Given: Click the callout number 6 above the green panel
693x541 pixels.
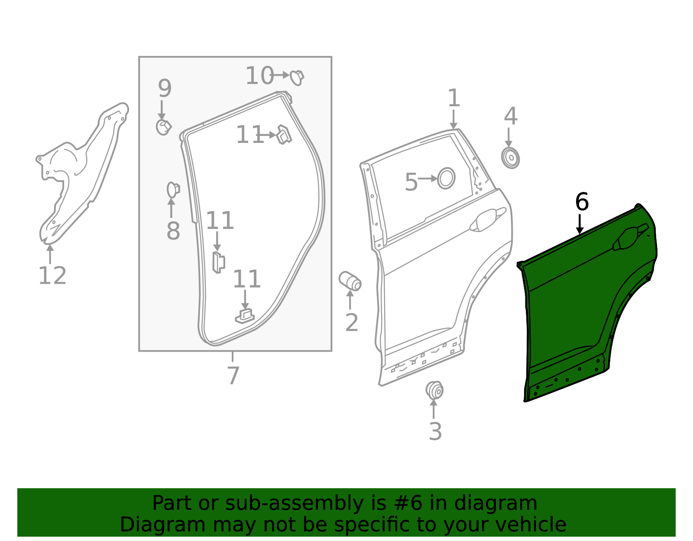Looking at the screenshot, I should click(x=582, y=202).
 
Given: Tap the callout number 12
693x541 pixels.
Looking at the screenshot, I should click(x=52, y=276).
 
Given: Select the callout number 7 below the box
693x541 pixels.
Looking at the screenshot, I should click(x=233, y=376).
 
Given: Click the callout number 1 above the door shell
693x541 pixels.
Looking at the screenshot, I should click(x=453, y=98).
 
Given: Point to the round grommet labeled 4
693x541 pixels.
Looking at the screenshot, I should click(x=511, y=158).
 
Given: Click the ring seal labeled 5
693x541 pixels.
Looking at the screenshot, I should click(x=446, y=178).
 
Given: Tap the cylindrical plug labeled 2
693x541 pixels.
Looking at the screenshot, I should click(x=350, y=281).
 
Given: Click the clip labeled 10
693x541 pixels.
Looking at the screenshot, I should click(x=297, y=77).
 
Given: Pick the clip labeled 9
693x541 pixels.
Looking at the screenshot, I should click(x=163, y=127).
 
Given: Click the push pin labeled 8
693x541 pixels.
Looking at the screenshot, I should click(x=173, y=189).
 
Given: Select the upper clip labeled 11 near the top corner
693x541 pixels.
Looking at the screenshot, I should click(x=284, y=134).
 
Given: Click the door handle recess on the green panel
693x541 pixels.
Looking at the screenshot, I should click(x=629, y=238).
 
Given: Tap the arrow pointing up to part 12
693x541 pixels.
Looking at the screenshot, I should click(x=50, y=254).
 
